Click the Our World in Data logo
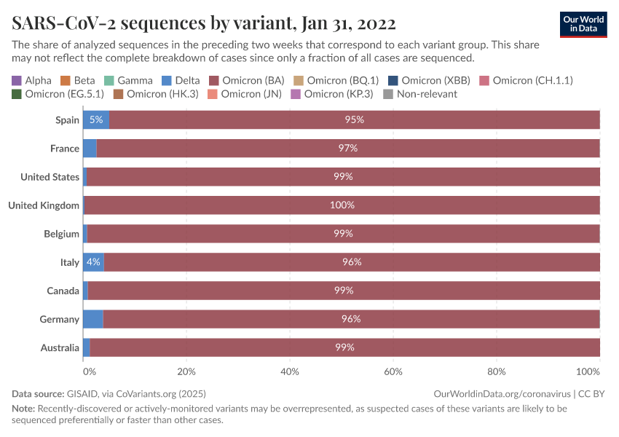pos(583,23)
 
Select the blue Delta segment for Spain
pos(95,119)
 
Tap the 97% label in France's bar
pos(347,149)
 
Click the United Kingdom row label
pos(44,205)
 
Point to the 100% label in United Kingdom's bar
pos(342,205)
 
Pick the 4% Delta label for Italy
pos(92,262)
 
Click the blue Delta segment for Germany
pos(92,319)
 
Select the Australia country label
pos(59,347)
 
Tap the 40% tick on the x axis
pos(290,371)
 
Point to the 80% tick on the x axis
pos(496,371)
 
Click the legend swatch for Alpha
pos(17,80)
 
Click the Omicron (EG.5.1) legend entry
pos(58,94)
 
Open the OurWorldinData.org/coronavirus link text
pos(501,393)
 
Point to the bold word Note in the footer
pos(23,409)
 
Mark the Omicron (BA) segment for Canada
pos(343,291)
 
